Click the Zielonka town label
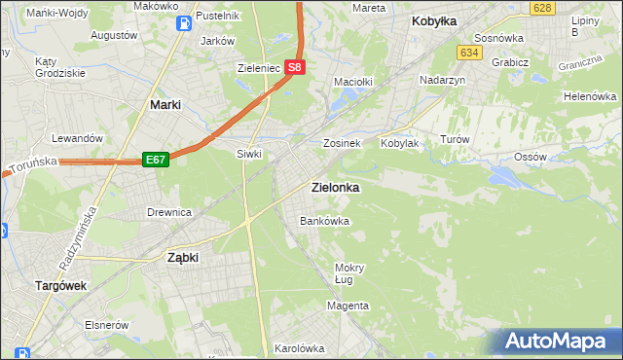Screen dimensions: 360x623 [335, 187]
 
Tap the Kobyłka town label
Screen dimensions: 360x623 [434, 20]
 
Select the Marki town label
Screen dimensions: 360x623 [169, 103]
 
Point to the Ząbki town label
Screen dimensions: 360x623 [182, 258]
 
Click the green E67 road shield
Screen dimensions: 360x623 [156, 159]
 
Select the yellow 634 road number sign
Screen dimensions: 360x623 [471, 52]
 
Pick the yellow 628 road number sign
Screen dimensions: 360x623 [543, 8]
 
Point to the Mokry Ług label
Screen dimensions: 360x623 [349, 273]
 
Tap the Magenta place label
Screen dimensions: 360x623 [348, 306]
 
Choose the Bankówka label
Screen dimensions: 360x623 [324, 221]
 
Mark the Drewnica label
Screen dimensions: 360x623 [168, 211]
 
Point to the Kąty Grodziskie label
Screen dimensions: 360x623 [58, 66]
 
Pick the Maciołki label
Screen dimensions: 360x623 [353, 82]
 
